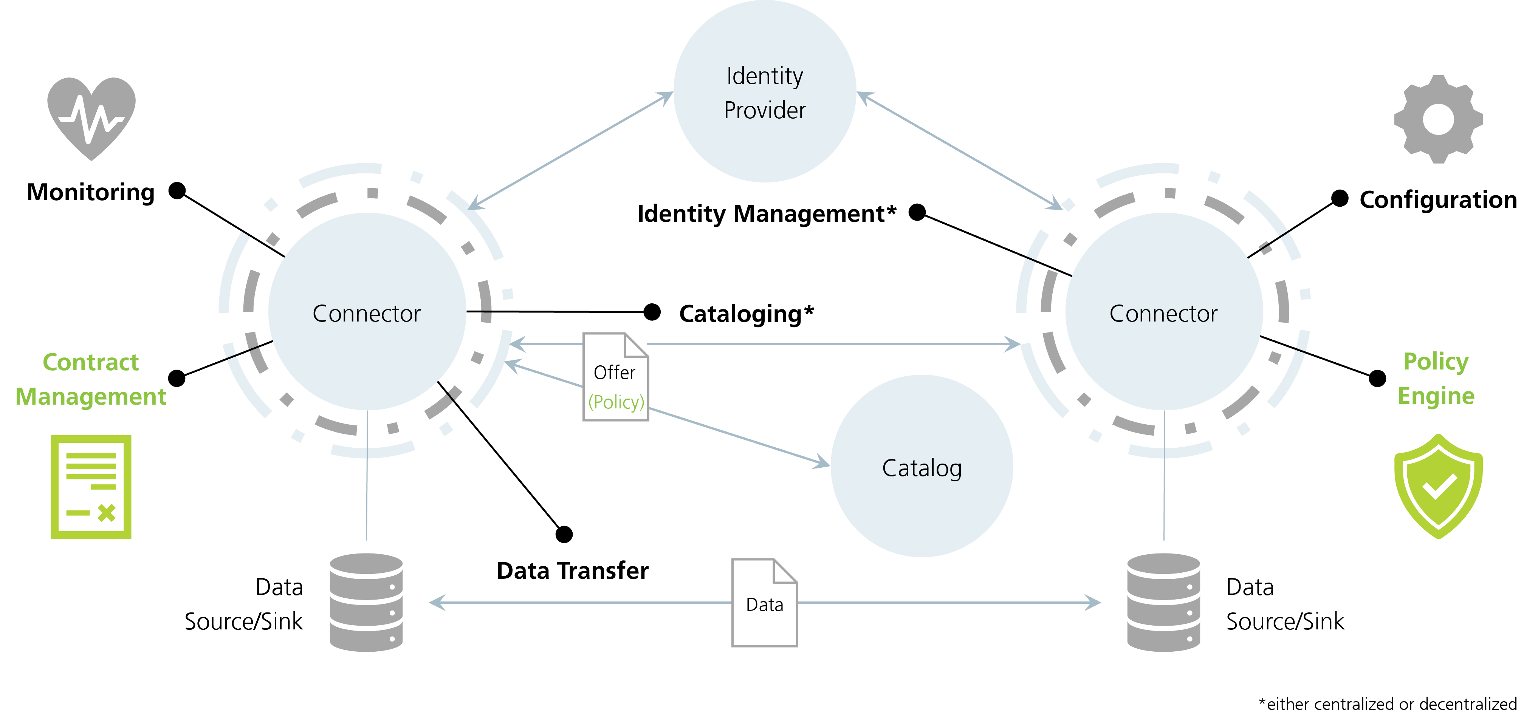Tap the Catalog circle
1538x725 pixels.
(922, 466)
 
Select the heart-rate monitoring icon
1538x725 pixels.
(91, 119)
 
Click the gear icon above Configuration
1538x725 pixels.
(1438, 119)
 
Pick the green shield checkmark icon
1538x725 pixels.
(1438, 486)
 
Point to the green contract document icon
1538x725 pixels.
(91, 487)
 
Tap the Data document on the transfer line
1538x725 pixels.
(765, 603)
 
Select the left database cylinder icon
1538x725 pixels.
(366, 602)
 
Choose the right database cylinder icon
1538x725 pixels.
(1164, 602)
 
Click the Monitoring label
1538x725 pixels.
(91, 192)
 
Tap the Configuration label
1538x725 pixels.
(1438, 199)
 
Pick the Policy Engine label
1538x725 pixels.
(1436, 378)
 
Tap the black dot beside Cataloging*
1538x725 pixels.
(652, 311)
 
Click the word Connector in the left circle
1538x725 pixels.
(367, 313)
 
